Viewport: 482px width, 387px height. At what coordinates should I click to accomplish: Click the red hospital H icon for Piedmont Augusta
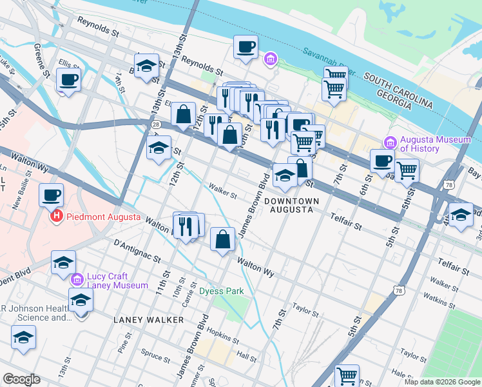tap(56, 217)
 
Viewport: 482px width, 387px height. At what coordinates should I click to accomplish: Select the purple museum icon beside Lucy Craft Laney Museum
tap(77, 280)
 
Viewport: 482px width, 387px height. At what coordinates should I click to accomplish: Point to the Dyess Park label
tap(221, 291)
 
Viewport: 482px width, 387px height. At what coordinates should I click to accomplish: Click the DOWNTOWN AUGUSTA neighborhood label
tap(292, 205)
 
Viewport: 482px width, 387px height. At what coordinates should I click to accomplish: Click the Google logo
tap(21, 379)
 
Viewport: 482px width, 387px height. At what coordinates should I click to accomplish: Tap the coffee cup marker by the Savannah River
tap(246, 47)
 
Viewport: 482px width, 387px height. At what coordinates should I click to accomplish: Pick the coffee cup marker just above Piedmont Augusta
tap(51, 194)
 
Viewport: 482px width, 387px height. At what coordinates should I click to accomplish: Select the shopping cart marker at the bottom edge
tap(347, 375)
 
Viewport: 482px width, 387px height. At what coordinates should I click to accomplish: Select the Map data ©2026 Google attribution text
tap(441, 381)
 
